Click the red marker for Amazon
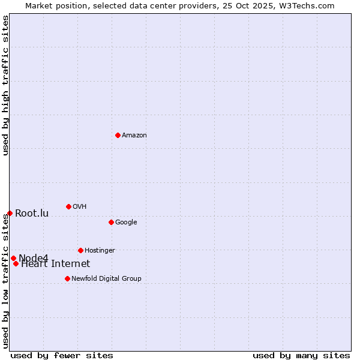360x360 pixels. [118, 135]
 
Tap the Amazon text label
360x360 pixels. [134, 136]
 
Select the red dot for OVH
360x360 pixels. [68, 206]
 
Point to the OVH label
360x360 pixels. [80, 207]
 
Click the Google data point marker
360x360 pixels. [111, 222]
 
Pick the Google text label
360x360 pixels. [126, 223]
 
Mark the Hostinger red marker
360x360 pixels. [80, 250]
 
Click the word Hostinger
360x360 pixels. [100, 251]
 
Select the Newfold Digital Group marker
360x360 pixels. [67, 278]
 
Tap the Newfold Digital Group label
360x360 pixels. [106, 279]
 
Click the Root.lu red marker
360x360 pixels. [10, 213]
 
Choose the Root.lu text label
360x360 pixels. [32, 214]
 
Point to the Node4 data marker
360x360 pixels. [13, 258]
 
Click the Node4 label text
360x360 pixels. [34, 259]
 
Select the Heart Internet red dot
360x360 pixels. [16, 263]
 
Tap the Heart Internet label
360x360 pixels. [56, 264]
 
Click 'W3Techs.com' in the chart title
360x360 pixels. [309, 5]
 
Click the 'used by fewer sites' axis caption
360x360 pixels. [62, 355]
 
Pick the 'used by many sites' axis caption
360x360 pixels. [301, 355]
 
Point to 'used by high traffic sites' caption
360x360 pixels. [5, 85]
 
